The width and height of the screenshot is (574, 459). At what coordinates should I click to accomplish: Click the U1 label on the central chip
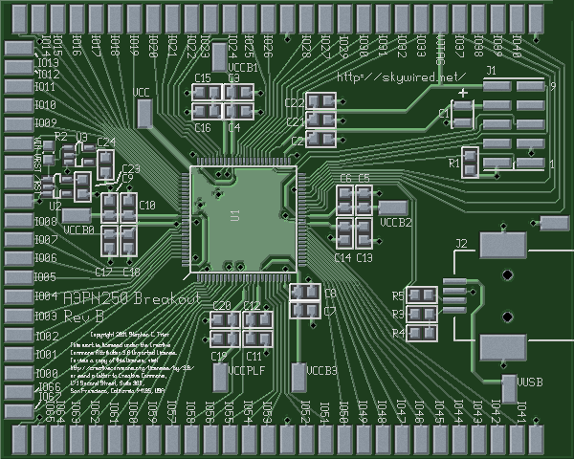click(234, 215)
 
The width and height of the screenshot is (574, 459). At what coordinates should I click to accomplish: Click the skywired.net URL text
click(402, 76)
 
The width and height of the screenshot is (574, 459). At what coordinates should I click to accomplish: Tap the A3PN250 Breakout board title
click(131, 298)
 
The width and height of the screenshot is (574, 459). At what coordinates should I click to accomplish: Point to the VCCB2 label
click(396, 222)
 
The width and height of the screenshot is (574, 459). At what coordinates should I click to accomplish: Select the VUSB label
click(530, 382)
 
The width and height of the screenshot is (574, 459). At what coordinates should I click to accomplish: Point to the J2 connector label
click(461, 244)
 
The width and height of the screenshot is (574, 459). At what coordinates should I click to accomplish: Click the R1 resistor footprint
click(470, 163)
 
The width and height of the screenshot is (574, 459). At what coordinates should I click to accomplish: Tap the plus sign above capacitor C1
click(463, 93)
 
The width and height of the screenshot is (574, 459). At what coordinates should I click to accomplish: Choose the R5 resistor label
click(398, 295)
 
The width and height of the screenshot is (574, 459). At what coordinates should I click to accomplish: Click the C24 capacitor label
click(106, 142)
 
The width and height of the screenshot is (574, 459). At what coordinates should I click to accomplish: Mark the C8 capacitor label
click(329, 294)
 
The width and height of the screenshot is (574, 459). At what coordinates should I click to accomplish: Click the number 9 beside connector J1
click(552, 85)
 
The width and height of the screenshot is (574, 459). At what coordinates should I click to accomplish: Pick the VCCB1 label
click(245, 69)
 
